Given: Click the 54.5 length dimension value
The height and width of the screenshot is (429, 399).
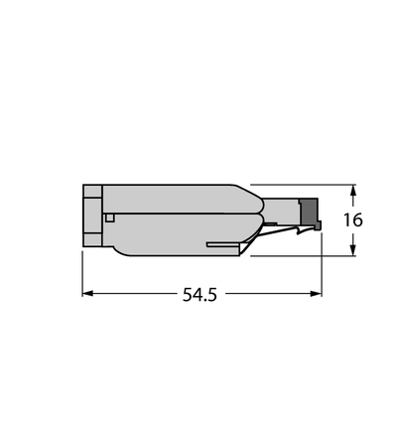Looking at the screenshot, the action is coord(199,294).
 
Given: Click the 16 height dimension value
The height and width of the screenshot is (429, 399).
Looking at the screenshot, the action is coord(353,220).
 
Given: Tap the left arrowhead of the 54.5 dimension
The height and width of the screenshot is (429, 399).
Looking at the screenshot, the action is coord(86,293).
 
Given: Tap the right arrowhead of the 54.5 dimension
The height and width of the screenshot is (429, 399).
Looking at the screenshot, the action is coord(317,293).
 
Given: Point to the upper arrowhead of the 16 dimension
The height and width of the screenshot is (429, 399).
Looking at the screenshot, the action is coord(353,191).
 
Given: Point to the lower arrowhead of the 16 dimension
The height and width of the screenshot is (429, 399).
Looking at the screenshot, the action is coord(353,250).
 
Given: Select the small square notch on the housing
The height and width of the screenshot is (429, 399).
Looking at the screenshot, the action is coord(109,217).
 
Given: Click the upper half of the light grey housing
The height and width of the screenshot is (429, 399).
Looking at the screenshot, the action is coord(179,199).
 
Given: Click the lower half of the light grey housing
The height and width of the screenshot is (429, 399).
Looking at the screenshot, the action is coord(166,233).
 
